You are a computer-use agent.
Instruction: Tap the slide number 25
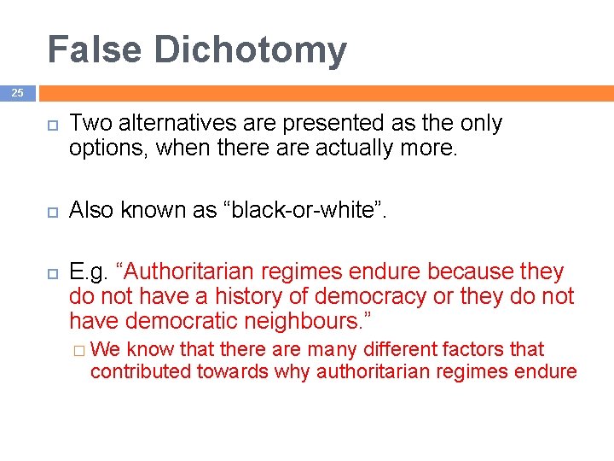[18, 93]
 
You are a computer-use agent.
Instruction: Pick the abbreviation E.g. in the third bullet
[89, 272]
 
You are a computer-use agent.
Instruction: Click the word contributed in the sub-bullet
[142, 371]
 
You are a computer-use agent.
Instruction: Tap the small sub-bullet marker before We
[78, 350]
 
